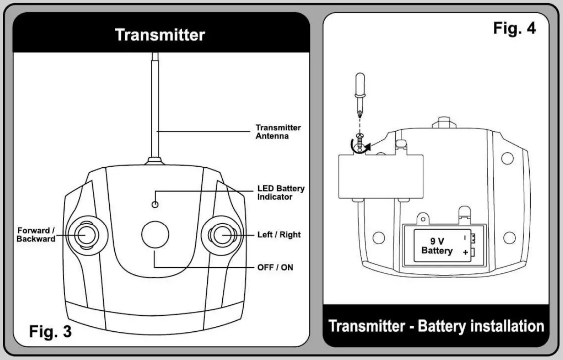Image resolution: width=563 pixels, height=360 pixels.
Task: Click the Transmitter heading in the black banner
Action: (160, 35)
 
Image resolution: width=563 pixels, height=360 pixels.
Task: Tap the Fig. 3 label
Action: (50, 331)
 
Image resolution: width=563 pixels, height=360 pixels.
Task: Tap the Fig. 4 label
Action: (514, 28)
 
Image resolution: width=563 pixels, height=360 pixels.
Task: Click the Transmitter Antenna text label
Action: (278, 132)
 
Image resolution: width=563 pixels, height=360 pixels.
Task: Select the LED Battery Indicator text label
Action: (281, 192)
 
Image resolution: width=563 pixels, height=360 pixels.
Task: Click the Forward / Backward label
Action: (36, 235)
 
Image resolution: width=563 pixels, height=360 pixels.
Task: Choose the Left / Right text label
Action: (279, 235)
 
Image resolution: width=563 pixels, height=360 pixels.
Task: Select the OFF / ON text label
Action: (275, 267)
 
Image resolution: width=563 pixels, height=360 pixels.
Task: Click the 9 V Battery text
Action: (437, 246)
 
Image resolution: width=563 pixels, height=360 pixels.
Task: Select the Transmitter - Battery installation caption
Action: (436, 326)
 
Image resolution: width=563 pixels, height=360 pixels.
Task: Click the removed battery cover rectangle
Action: (381, 177)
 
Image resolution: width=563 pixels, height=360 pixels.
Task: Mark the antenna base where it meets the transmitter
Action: (155, 161)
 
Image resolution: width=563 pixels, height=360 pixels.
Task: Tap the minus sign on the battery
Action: (465, 237)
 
